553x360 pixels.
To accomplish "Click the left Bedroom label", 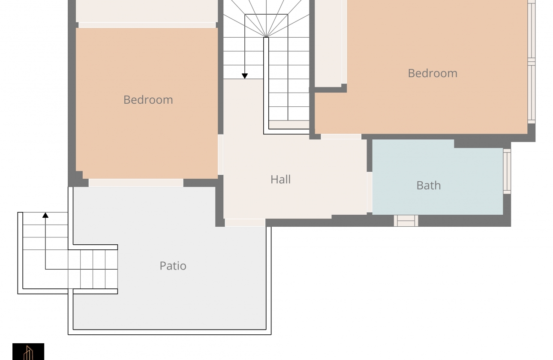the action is pos(148,100).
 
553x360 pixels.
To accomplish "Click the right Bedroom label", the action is pos(433,73).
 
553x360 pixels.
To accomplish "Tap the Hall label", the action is pos(280,180).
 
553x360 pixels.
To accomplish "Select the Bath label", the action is pos(429,186).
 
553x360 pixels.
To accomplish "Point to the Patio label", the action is pos(173,266).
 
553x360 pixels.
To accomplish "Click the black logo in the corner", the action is pos(28,351).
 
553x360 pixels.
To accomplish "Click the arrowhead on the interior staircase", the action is pos(245,76).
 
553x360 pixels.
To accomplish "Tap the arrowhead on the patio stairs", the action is pos(45,215).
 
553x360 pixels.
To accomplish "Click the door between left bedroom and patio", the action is pos(136,183).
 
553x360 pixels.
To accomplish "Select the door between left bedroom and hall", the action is pos(220,155).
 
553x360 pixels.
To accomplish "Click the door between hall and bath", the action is pos(370,192).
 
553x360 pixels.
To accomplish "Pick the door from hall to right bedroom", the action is pos(341,137).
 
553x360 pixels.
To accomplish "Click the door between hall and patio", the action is pos(245,222).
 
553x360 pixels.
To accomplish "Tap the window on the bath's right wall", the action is pos(507,171).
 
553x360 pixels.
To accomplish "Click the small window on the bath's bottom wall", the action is pos(406,221).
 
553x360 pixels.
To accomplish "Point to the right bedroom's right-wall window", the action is pos(531,62).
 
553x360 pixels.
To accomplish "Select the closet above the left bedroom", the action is pos(147,12).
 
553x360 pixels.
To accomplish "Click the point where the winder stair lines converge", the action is pos(266,37).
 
